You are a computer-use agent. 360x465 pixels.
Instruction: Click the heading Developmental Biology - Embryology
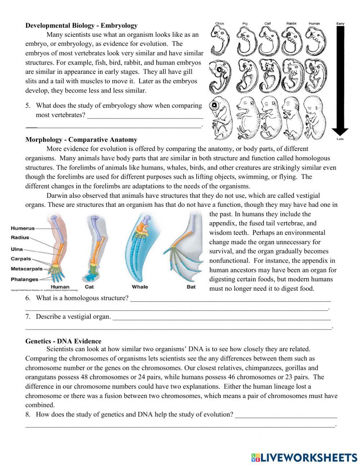pos(81,26)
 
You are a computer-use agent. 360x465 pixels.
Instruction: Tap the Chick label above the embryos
pos(220,24)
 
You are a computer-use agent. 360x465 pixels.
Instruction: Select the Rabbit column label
pos(291,24)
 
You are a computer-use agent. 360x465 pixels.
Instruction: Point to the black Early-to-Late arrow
pos(340,79)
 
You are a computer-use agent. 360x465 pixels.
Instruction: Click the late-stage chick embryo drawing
pos(221,117)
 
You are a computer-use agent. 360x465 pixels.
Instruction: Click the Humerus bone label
pos(23,228)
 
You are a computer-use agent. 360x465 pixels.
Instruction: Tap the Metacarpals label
pos(27,269)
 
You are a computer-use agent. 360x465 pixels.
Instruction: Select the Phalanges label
pos(24,279)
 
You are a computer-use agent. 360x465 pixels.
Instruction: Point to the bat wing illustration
pos(186,249)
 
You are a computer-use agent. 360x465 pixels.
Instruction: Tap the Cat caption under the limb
pos(89,287)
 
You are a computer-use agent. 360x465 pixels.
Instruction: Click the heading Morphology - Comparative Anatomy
pos(81,139)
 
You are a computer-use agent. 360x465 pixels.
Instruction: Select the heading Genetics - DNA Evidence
pos(63,341)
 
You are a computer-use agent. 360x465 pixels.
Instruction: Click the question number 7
pos(28,317)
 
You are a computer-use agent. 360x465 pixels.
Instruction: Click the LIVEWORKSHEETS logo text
pos(309,457)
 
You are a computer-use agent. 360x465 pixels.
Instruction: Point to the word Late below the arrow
pos(340,139)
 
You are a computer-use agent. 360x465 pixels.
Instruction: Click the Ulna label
pos(17,249)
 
